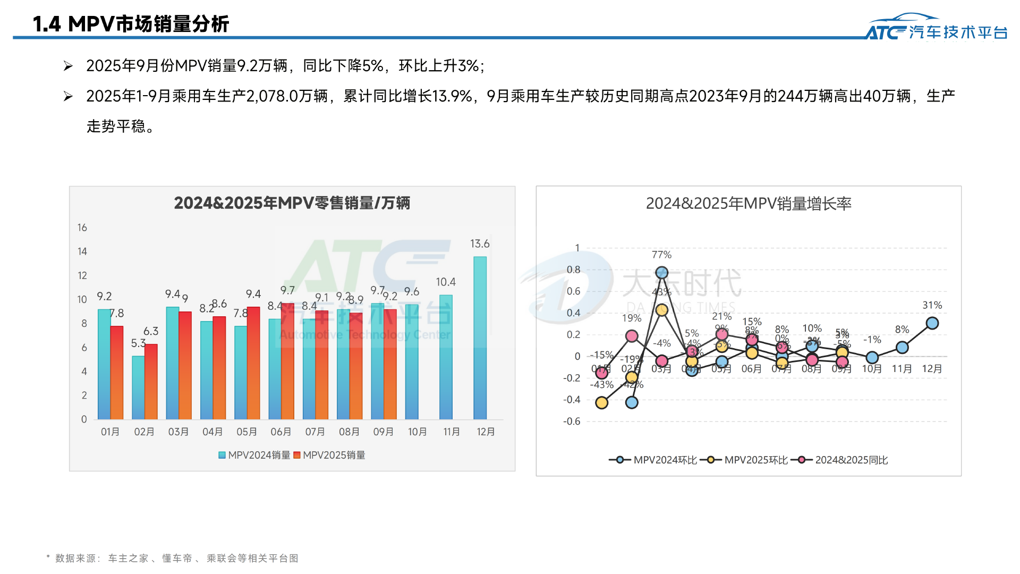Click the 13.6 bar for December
click(480, 338)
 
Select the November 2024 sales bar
click(446, 357)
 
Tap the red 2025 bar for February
click(151, 382)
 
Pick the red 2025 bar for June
click(287, 361)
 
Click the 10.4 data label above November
click(446, 282)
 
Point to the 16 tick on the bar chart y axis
click(82, 227)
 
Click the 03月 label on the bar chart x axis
click(178, 432)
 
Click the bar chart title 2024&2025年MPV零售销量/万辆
click(292, 203)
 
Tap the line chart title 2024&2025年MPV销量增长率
click(748, 204)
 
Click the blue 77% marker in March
click(661, 273)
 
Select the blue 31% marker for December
click(932, 323)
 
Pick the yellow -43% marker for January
click(601, 403)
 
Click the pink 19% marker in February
click(632, 336)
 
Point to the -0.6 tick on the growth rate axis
click(572, 421)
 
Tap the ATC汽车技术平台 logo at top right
click(936, 28)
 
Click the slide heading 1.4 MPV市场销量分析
click(131, 24)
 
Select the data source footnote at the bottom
click(173, 558)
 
